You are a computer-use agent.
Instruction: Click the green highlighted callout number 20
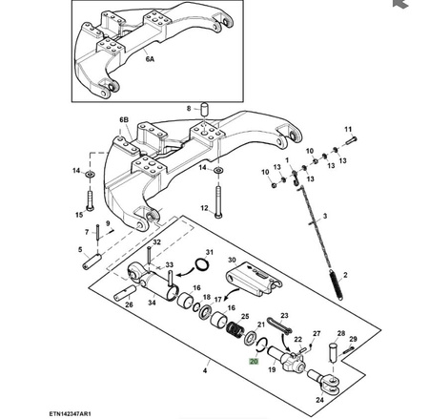[254, 362]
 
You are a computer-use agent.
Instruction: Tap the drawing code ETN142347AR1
[70, 414]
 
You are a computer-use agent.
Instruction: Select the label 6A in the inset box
[150, 59]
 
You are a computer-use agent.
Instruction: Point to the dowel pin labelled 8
[203, 109]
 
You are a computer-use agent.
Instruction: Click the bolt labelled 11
[351, 140]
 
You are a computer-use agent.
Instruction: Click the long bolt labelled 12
[218, 201]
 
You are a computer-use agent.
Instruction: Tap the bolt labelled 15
[90, 200]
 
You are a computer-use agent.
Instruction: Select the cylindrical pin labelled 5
[92, 261]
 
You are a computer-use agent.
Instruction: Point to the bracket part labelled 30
[255, 279]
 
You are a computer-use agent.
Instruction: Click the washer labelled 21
[250, 338]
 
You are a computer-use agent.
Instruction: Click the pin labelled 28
[333, 352]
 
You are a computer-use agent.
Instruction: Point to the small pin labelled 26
[126, 294]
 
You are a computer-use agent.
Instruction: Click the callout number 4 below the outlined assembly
[205, 370]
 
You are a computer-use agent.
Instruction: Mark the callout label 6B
[124, 120]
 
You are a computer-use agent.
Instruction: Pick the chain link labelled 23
[279, 325]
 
